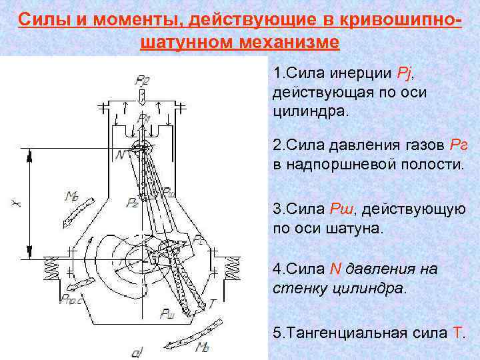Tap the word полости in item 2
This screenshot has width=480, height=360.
(x=426, y=163)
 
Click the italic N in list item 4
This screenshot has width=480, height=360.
(x=334, y=269)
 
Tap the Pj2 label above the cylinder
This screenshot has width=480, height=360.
(x=142, y=81)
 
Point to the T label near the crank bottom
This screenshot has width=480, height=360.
(x=212, y=304)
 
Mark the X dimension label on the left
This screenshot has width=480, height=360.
(x=14, y=201)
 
